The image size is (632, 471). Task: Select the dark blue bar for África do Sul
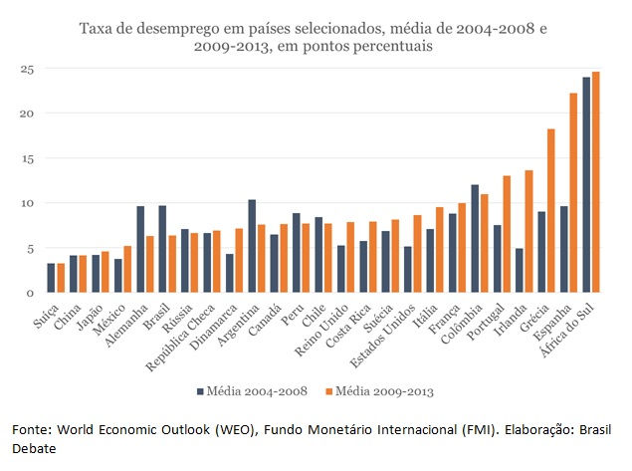coord(586,185)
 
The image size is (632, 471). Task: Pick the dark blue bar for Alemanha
coord(140,250)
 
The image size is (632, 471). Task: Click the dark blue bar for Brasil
coord(162,249)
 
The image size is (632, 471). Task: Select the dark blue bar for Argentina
coord(252,246)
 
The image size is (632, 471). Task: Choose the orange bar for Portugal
coord(507,234)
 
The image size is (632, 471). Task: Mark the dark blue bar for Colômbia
coord(475,239)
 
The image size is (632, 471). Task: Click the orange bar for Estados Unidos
coord(417,254)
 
